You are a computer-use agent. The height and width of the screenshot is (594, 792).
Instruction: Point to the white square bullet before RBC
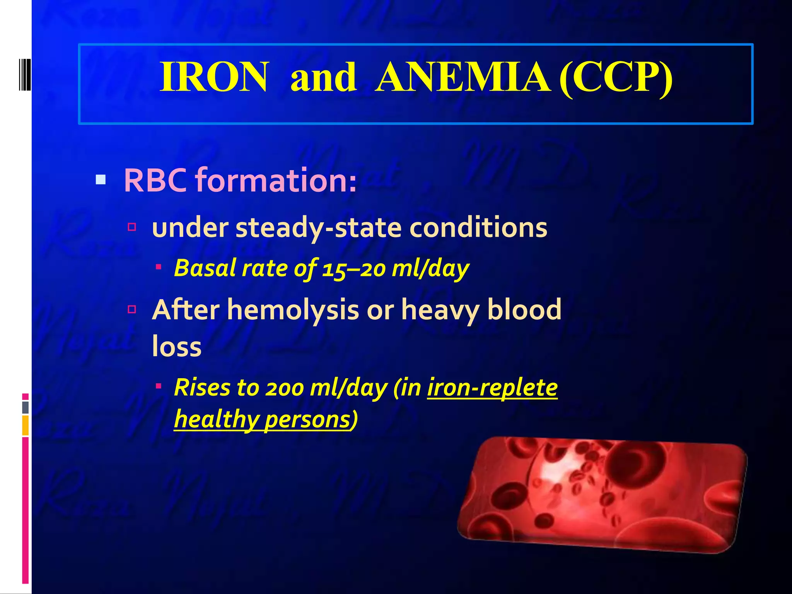(101, 180)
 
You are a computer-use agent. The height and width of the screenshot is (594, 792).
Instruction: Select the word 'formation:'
(276, 180)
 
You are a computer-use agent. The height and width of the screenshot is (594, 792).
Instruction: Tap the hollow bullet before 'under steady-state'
(132, 227)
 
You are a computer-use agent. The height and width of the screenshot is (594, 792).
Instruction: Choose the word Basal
(205, 268)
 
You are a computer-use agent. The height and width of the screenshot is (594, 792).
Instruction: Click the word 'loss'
(177, 346)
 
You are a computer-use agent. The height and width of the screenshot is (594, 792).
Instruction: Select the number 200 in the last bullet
(284, 388)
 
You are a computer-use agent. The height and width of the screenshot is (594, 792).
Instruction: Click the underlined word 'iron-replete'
(492, 388)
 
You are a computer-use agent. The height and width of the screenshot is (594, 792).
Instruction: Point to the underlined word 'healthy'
(217, 420)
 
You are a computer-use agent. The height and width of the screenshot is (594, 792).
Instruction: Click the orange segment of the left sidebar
(26, 425)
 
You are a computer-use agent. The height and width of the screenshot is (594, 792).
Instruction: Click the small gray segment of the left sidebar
(26, 407)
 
